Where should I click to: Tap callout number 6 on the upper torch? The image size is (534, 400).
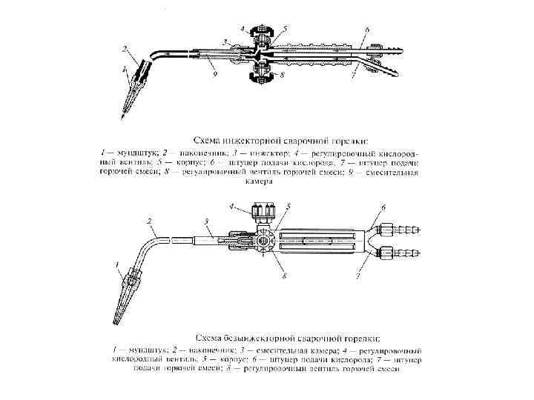point(367,30)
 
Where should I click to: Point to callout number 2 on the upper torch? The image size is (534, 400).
point(125,49)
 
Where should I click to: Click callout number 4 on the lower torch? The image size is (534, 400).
point(232,204)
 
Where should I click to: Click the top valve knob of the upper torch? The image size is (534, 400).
point(259,34)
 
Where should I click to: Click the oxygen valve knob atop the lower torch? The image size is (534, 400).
point(265,212)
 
